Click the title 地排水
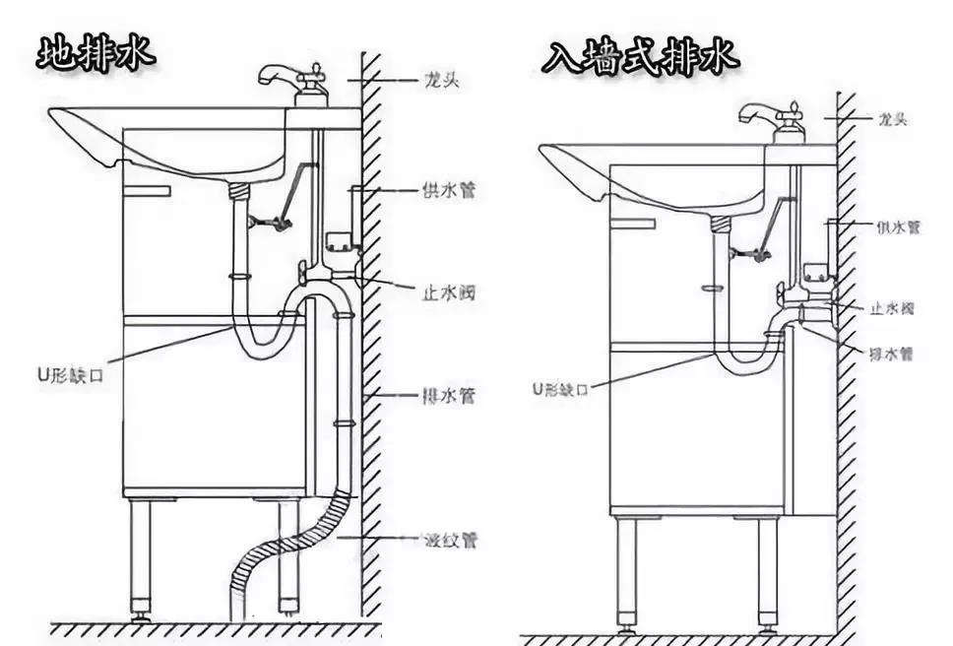point(95,53)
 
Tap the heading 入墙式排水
point(640,57)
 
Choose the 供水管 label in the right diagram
point(898,226)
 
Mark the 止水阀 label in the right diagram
point(893,308)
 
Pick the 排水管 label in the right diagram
point(893,352)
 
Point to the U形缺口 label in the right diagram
point(558,388)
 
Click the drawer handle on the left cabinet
point(148,190)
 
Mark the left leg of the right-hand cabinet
point(625,571)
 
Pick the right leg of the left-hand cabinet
point(286,556)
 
